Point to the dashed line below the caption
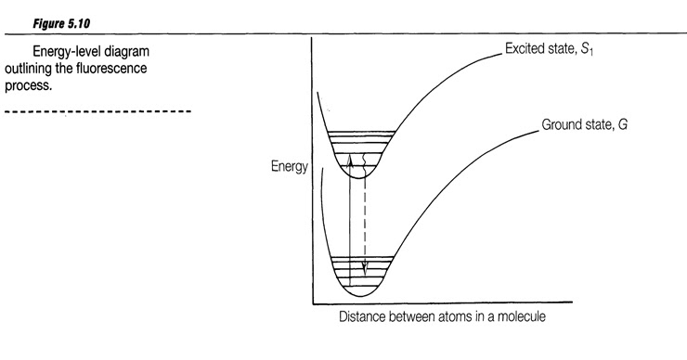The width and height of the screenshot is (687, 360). (x=97, y=113)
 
